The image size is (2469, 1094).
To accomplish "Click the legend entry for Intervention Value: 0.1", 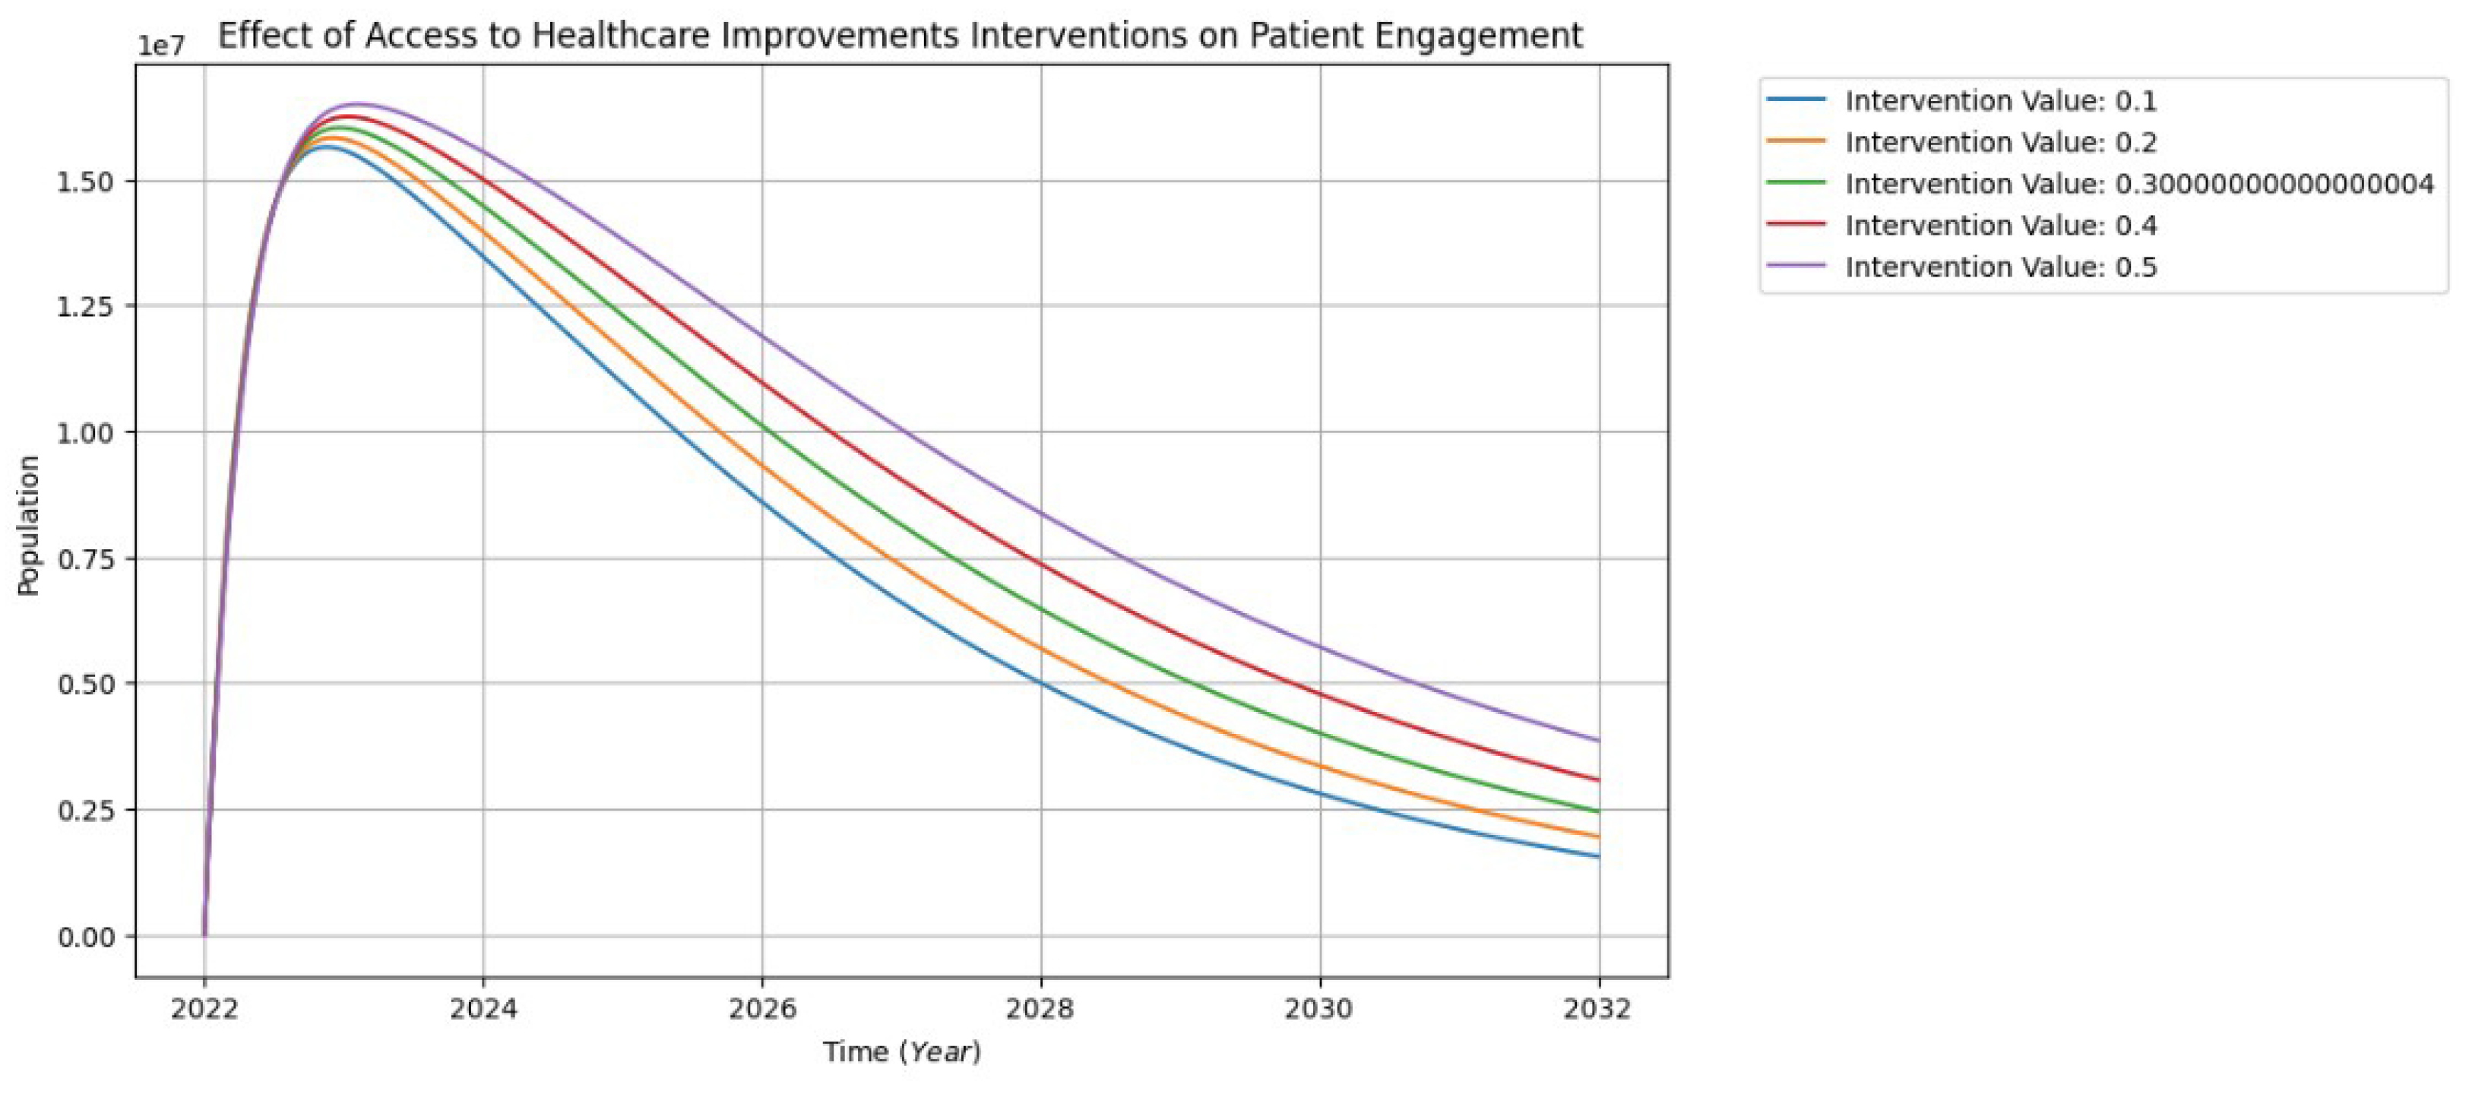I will [x=2000, y=100].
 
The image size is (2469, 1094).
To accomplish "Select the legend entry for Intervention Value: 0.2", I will [x=2000, y=142].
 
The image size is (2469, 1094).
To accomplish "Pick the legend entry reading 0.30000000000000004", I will [x=2138, y=184].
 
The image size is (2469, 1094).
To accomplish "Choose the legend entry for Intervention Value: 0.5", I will [x=2000, y=267].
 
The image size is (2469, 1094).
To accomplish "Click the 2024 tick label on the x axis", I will [x=483, y=1008].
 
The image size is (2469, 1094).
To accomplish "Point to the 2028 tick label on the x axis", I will [x=1041, y=1008].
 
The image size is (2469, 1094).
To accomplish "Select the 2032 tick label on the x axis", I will [x=1598, y=1008].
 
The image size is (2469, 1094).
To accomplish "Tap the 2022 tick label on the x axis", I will [x=204, y=1008].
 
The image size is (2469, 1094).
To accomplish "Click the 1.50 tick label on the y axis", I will [x=85, y=181].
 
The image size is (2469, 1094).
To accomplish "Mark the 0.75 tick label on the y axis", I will [x=85, y=558].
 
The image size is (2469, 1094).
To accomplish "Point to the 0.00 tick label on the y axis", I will [x=85, y=936].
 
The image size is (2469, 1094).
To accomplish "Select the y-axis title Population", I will [x=29, y=525].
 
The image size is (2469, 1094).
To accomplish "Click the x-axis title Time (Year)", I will [x=901, y=1052].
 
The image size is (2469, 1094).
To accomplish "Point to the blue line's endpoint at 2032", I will [x=1598, y=856].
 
